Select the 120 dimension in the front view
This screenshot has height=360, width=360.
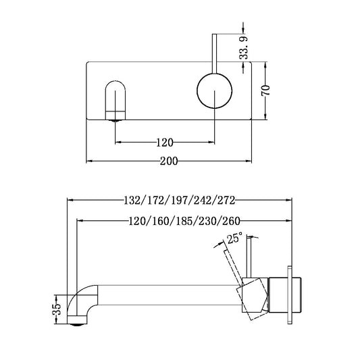165,142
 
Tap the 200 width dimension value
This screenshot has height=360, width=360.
170,161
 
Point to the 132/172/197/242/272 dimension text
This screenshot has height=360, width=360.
179,201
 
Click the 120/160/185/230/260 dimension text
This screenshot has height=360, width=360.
184,220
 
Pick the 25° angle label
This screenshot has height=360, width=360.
234,238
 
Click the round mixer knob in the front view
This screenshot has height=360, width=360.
214,91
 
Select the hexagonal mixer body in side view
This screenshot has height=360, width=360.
253,297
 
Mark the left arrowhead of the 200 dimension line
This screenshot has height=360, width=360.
91,161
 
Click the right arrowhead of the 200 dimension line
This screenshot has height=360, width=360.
250,161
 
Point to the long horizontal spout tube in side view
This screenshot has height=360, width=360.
169,297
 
